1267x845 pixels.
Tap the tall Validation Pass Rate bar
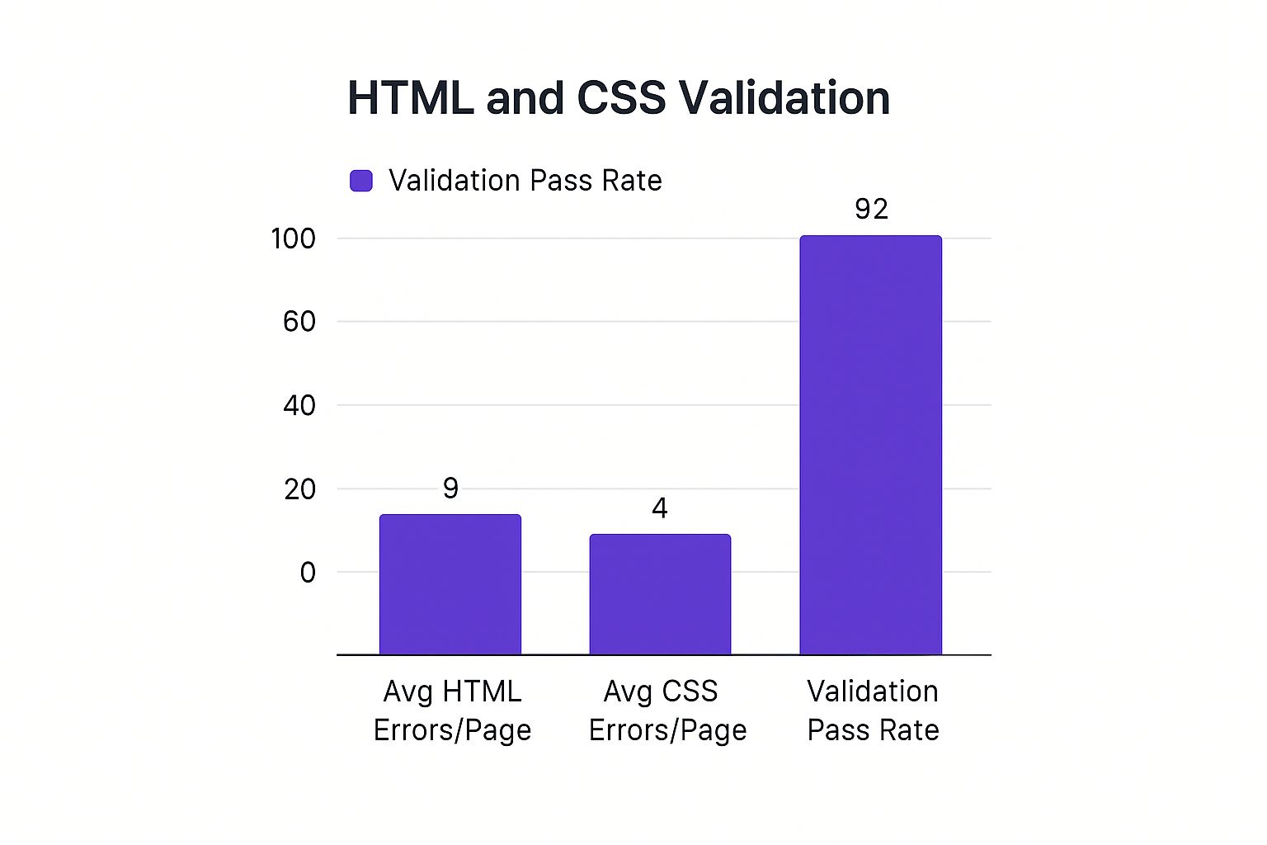tap(870, 446)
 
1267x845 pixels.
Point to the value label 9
tap(450, 489)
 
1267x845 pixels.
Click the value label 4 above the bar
tap(660, 508)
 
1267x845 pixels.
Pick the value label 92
tap(871, 210)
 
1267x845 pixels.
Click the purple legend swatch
tap(361, 181)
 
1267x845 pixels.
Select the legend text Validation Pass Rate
tap(525, 181)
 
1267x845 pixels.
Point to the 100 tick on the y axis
tap(294, 239)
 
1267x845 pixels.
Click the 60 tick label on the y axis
tap(299, 322)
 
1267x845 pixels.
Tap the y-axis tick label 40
tap(299, 406)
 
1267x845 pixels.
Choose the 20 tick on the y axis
tap(299, 490)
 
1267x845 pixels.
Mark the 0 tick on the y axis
tap(308, 573)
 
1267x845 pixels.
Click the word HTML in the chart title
tap(410, 98)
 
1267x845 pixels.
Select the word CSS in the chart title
tap(621, 98)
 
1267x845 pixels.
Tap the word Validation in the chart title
tap(784, 98)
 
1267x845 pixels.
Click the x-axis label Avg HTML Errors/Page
tap(452, 710)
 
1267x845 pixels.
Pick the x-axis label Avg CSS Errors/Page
tap(667, 710)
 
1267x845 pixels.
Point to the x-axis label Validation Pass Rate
tap(873, 710)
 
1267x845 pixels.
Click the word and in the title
tap(525, 98)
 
